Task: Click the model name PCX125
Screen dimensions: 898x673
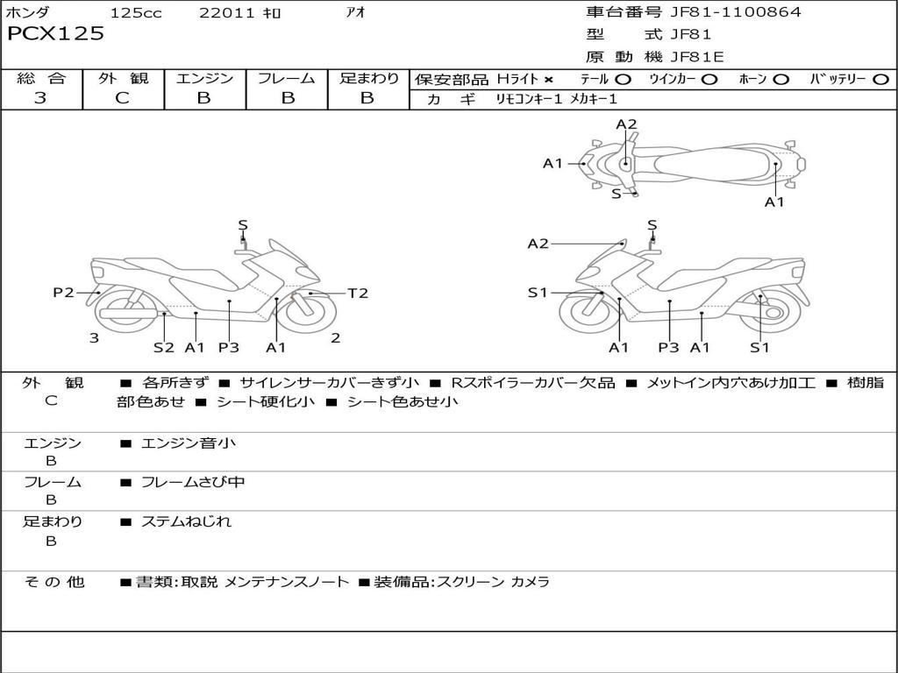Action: point(55,34)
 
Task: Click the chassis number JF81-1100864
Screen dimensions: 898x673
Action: point(736,12)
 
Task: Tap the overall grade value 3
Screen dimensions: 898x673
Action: point(40,98)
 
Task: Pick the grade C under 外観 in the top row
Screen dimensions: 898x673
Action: point(123,98)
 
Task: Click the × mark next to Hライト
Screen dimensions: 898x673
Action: point(549,80)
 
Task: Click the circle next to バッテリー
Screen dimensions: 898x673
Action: point(880,80)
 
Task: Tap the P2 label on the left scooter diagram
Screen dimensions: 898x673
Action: point(63,293)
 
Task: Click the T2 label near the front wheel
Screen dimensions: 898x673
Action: point(358,293)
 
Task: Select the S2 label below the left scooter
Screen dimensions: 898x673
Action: point(164,347)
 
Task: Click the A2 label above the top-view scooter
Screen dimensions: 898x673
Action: point(626,124)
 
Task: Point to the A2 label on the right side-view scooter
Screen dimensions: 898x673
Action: point(538,244)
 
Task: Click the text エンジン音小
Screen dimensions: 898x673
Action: point(189,443)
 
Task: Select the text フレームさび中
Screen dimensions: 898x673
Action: point(193,483)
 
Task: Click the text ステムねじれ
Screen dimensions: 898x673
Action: point(186,521)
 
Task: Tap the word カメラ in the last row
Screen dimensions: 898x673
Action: point(530,582)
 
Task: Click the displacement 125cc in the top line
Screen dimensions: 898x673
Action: point(136,13)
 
